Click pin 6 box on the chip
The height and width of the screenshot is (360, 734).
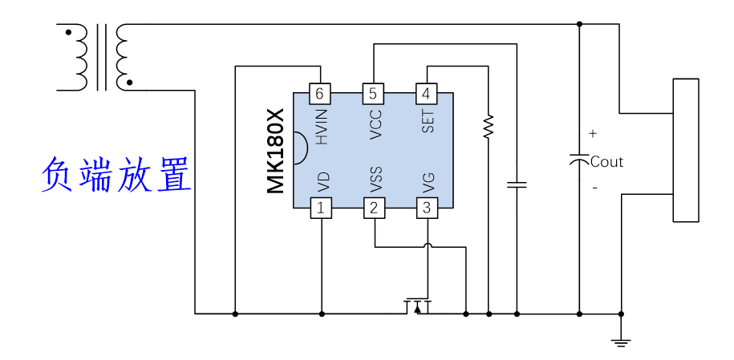(x=320, y=94)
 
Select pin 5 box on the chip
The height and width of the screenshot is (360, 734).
(x=373, y=94)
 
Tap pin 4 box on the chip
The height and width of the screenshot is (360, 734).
(x=426, y=94)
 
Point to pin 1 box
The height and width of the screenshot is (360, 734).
(x=321, y=208)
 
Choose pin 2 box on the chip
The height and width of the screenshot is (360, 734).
(x=374, y=208)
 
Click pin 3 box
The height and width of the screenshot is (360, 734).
(x=427, y=208)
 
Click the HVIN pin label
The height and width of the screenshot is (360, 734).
(x=321, y=127)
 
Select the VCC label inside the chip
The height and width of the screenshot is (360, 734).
(x=375, y=124)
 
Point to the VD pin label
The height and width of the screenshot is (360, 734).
(x=323, y=183)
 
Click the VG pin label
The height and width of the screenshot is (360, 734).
(x=428, y=183)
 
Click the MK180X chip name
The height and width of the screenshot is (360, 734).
(x=276, y=152)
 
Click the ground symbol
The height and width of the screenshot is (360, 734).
(x=621, y=342)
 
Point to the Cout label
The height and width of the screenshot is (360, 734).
(x=606, y=162)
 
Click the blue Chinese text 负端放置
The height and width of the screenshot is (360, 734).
(x=116, y=175)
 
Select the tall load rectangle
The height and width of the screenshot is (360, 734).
(x=686, y=150)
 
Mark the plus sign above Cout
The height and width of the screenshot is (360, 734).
(x=593, y=134)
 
